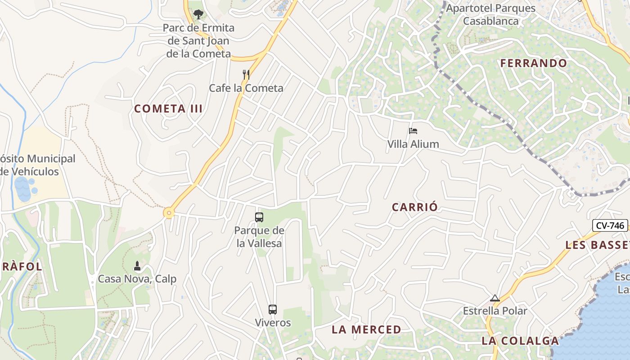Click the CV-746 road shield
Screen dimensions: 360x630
(610, 225)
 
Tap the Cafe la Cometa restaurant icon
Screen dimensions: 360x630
(246, 75)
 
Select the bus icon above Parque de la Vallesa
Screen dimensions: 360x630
(259, 217)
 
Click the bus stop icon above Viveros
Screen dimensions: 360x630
(273, 310)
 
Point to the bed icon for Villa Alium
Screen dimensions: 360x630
(413, 131)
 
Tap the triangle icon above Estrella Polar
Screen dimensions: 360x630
(495, 298)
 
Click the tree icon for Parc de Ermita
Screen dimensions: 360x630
(198, 14)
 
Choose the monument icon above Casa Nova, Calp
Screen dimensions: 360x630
(137, 266)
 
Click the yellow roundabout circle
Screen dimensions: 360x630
(169, 213)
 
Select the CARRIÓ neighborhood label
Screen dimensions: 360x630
(414, 207)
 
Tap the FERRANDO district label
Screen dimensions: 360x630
(534, 63)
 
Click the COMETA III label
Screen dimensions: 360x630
(168, 109)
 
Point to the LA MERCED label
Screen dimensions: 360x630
(366, 330)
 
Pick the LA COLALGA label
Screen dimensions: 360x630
(520, 341)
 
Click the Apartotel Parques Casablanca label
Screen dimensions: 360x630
(491, 14)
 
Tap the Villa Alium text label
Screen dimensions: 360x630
(413, 144)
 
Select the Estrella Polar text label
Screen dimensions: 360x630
(495, 311)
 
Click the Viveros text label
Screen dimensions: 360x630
(273, 323)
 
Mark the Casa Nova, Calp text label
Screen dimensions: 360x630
(137, 279)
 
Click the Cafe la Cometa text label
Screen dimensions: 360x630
(246, 88)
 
